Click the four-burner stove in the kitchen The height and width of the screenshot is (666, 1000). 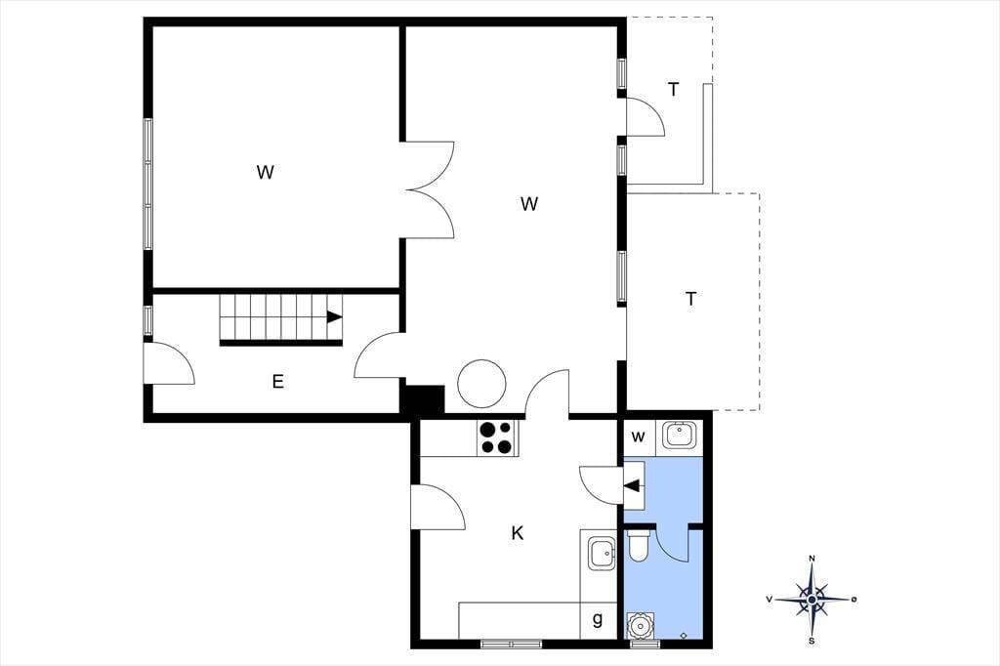click(497, 438)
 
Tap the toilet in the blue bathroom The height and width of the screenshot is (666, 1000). click(638, 546)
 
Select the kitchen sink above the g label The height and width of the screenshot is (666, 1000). click(602, 553)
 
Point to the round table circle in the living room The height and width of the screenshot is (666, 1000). click(481, 384)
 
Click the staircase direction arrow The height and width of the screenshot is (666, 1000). click(335, 317)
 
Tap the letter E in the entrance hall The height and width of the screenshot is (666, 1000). click(278, 382)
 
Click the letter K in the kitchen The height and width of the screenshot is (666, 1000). click(518, 532)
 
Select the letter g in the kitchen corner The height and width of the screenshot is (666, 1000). click(598, 619)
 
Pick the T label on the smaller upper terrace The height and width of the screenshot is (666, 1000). click(674, 90)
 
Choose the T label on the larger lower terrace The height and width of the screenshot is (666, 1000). click(690, 299)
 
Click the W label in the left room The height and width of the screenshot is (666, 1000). click(266, 172)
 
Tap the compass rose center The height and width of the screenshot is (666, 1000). click(812, 600)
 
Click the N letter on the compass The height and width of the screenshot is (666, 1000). click(812, 559)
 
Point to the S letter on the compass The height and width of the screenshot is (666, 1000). click(812, 641)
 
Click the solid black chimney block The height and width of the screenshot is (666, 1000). click(422, 400)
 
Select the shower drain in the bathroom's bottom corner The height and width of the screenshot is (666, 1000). click(684, 635)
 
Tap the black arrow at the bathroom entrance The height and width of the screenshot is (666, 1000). click(632, 486)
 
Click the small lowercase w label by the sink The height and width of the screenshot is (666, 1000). click(638, 437)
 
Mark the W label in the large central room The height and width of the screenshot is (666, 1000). click(529, 204)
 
